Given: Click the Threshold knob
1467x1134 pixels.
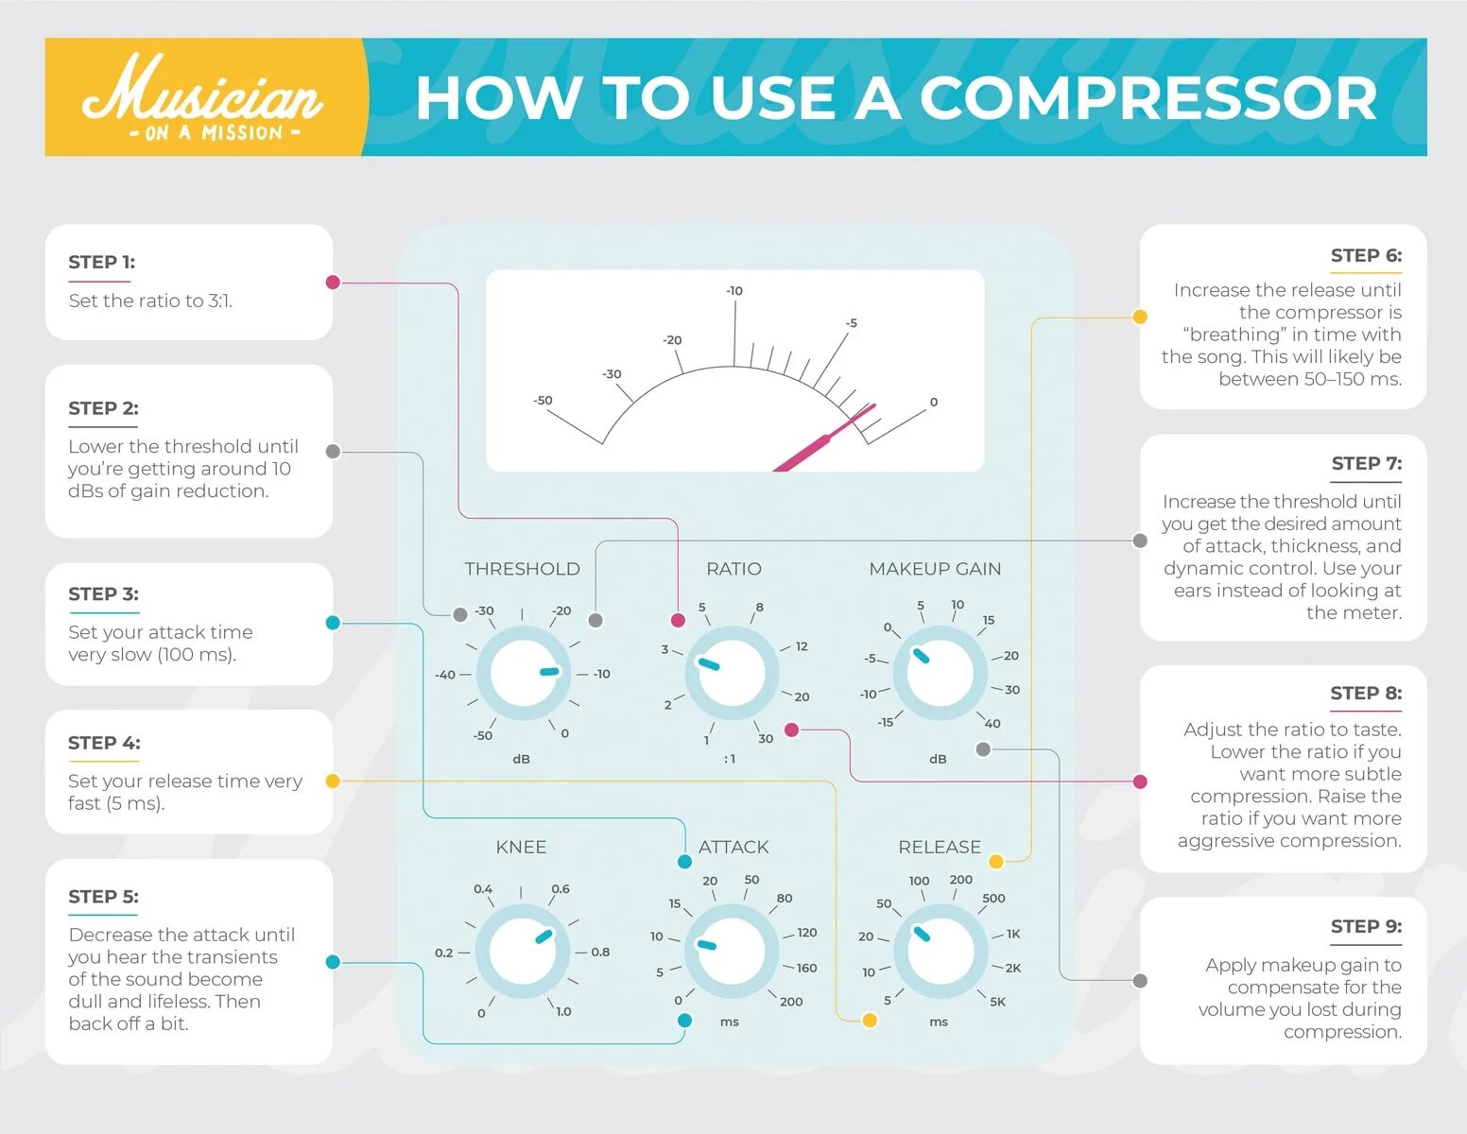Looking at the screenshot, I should (523, 674).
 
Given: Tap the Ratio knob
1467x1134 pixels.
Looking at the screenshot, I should (732, 674).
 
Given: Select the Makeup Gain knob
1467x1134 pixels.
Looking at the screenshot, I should (940, 673).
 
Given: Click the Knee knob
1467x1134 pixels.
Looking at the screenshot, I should (523, 952).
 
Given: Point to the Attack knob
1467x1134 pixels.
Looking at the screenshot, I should (731, 952).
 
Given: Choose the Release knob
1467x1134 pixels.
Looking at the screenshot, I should (940, 951).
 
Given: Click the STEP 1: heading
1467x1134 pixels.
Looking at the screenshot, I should (101, 262).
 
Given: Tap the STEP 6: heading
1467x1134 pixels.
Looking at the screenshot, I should (1366, 255).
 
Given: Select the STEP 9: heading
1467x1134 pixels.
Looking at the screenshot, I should (1366, 926).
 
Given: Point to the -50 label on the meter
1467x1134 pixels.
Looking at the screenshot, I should (543, 401).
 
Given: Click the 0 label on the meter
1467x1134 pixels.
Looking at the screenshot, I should (934, 403).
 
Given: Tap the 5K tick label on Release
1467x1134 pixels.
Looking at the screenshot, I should (997, 1002).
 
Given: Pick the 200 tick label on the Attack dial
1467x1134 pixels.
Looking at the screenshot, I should (791, 1002).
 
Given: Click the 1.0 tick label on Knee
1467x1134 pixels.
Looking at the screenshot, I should (563, 1011).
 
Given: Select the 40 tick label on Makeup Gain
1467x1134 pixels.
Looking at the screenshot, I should (992, 724).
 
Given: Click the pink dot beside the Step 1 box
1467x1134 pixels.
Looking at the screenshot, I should (333, 282).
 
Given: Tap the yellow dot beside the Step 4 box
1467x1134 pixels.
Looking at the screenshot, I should (333, 781).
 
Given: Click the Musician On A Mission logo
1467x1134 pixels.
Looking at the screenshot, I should (203, 98).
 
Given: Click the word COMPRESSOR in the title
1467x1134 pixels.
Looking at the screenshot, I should (1148, 98).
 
